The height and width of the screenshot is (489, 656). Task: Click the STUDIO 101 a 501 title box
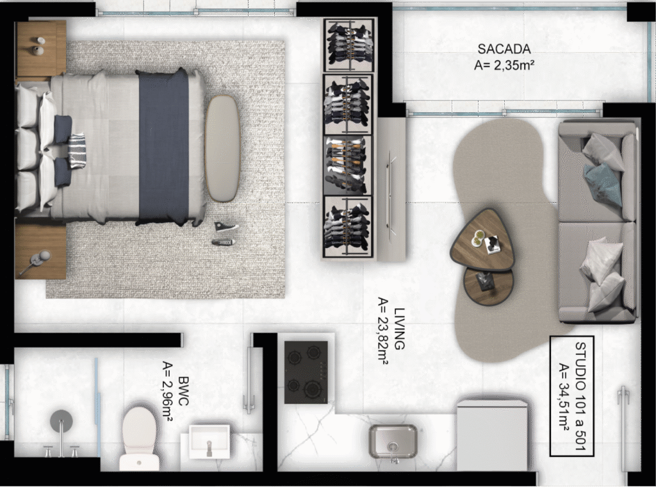571,395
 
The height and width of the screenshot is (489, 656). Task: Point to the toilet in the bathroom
140,438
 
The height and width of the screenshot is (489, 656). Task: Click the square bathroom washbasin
209,442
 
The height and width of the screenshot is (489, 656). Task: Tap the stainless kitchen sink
393,442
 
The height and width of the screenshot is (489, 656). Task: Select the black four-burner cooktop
306,372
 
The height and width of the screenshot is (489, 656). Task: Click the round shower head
61,421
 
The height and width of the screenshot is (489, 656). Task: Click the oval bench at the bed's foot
222,148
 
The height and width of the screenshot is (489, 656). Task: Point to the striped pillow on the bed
77,151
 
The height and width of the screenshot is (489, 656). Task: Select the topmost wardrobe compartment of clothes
348,45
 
